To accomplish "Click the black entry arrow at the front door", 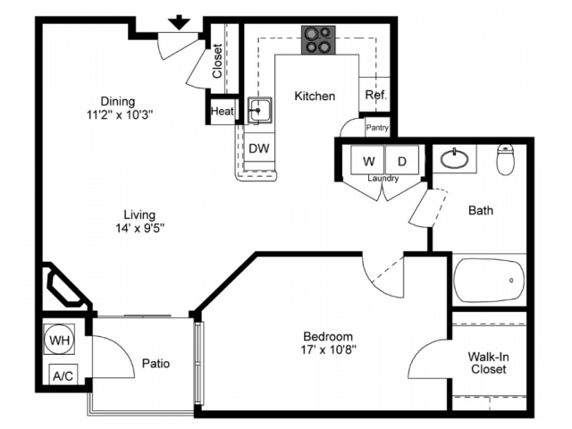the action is (180, 22).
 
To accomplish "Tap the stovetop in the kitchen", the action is (318, 40).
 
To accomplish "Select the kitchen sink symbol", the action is (259, 110).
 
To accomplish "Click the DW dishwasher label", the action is (259, 148).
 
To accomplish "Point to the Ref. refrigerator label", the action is (375, 96).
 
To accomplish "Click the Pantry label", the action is (377, 128).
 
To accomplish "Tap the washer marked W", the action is (367, 160).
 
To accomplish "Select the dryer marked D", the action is (402, 160).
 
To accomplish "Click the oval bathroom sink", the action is (455, 159).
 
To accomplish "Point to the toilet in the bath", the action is (505, 159).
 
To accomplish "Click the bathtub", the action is (489, 280).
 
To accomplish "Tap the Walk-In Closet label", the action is (489, 363).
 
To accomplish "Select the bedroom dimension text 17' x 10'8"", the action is (328, 349).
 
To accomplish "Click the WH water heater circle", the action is (59, 340).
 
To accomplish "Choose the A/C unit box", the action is (63, 374).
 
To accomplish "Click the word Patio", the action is (156, 364).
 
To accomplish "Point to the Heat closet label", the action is (223, 111).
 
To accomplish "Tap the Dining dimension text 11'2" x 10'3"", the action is (120, 115).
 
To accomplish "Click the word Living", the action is (139, 214).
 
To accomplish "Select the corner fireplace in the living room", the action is (65, 285).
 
